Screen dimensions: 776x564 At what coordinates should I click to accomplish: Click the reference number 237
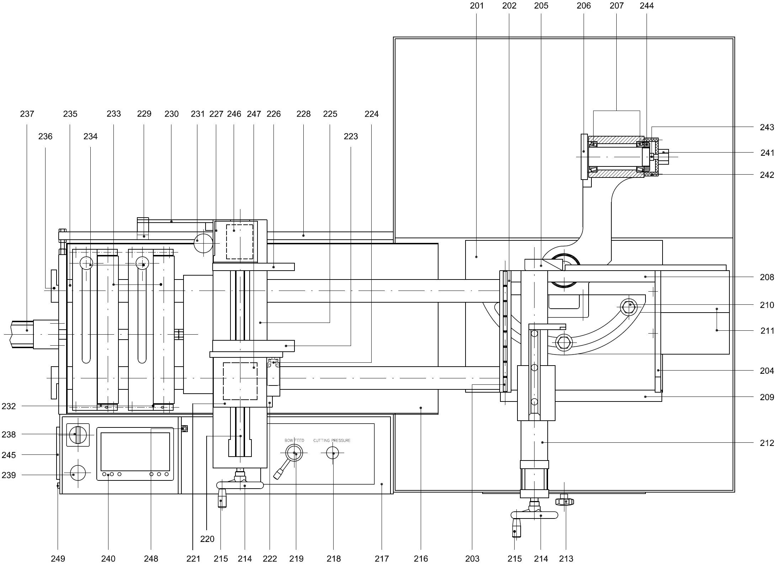tap(27, 114)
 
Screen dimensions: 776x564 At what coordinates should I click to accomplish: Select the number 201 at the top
tap(477, 6)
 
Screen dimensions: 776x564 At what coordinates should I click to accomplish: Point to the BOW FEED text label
tap(294, 441)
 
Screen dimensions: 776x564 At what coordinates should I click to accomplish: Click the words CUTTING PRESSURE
tap(332, 441)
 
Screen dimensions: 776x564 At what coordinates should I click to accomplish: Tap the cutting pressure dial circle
tap(333, 453)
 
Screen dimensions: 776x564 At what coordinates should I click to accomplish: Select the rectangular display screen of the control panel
tap(135, 451)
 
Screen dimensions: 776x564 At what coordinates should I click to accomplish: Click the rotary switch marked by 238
tap(78, 435)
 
